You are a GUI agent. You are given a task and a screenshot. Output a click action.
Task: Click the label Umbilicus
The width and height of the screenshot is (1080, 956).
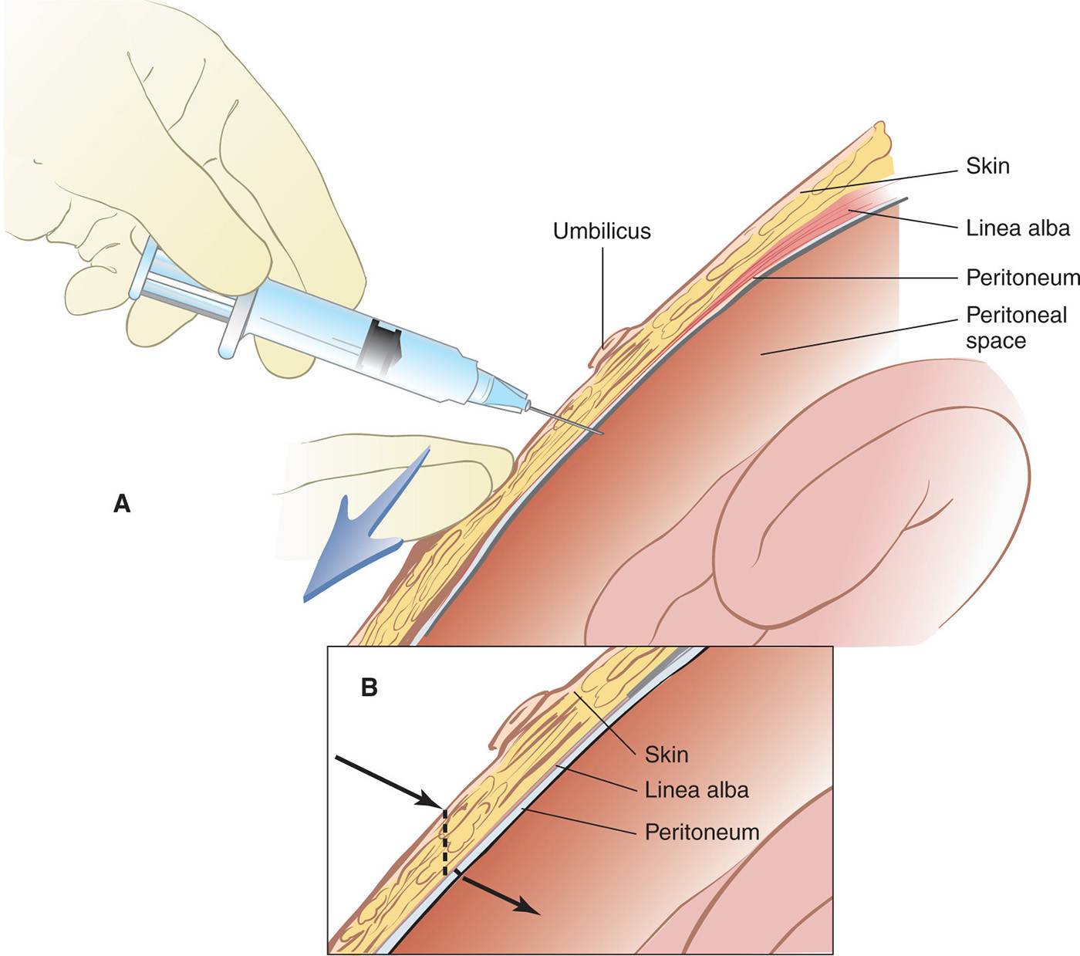(602, 231)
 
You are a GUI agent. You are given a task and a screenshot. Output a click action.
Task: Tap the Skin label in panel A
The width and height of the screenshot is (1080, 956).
(987, 166)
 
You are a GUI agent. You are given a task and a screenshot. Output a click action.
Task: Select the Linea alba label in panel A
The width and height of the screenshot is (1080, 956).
(1018, 228)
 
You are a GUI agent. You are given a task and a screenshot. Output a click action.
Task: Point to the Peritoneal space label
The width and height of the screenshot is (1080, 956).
(1016, 328)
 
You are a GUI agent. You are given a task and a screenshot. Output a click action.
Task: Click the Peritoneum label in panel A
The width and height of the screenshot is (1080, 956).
(1022, 278)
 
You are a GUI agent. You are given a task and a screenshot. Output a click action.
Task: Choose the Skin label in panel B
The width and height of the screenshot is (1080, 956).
(667, 754)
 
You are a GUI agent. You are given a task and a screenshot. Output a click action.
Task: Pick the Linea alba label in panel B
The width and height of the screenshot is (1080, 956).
(697, 790)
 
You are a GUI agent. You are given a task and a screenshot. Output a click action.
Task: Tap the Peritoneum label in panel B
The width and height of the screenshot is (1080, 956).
(702, 832)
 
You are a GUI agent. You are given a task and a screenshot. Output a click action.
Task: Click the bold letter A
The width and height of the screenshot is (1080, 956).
(122, 504)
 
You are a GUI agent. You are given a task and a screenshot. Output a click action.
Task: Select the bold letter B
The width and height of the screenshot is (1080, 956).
(370, 687)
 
